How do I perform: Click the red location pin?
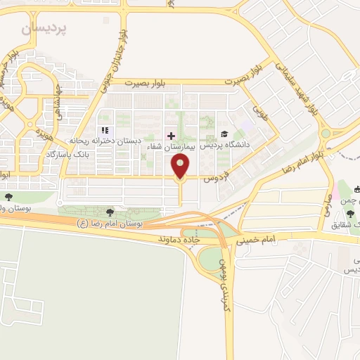click(181, 167)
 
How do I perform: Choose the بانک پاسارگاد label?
click(70, 153)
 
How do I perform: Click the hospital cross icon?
click(171, 134)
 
